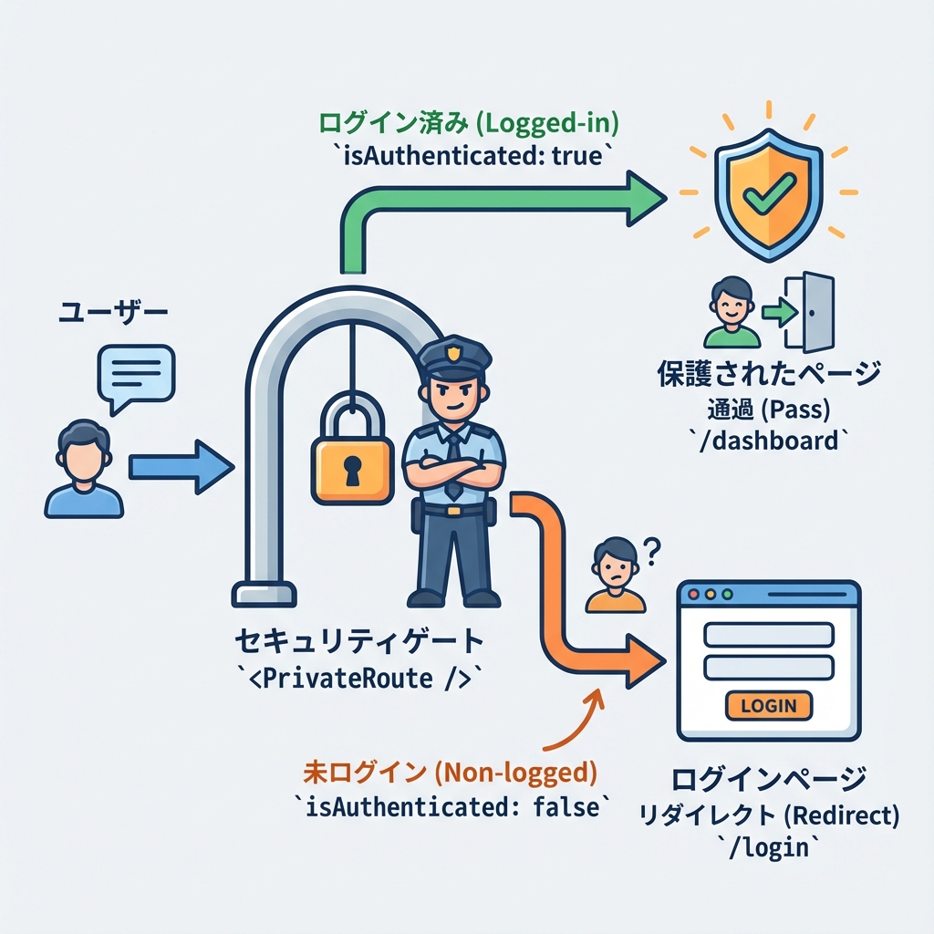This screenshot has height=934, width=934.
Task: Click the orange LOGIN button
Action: [x=769, y=705]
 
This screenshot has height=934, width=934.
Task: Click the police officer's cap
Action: [x=453, y=358]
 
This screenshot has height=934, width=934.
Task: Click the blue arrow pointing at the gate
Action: [x=180, y=467]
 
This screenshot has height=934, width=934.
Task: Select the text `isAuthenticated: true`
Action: [x=469, y=155]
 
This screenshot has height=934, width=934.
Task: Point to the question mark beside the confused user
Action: [x=651, y=550]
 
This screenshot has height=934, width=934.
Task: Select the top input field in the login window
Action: [x=769, y=634]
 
